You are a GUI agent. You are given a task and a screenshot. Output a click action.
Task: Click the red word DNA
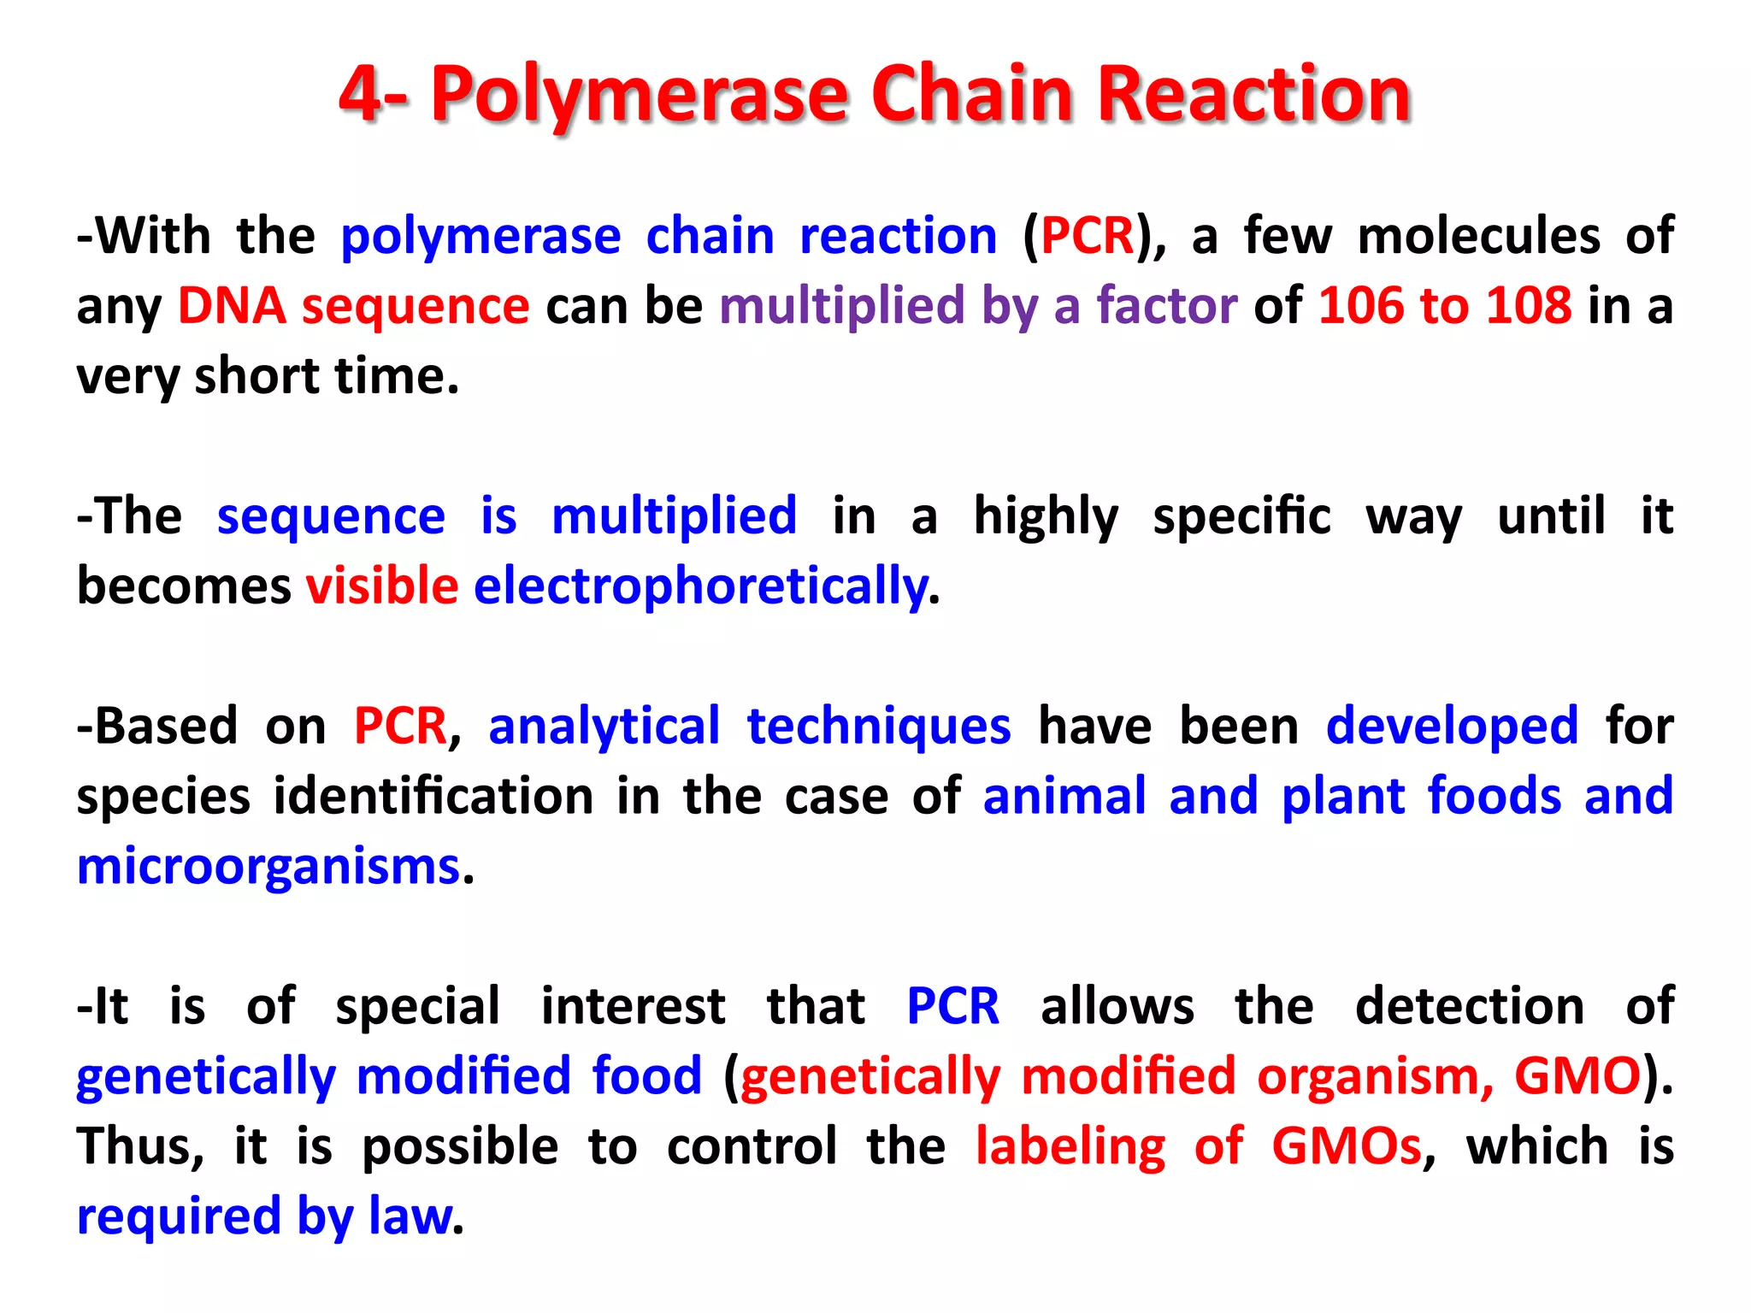point(231,306)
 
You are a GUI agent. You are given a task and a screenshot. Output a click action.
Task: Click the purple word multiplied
point(841,306)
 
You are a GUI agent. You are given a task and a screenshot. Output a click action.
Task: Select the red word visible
point(382,586)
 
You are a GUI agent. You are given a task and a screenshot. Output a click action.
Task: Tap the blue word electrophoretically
point(700,586)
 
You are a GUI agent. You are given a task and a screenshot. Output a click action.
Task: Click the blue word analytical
point(604,727)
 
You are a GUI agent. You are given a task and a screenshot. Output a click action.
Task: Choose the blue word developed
point(1452,727)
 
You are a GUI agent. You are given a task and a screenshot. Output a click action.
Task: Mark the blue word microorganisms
point(268,867)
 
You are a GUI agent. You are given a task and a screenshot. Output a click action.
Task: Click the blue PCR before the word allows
point(952,1006)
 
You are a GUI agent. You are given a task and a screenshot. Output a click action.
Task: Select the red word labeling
point(1070,1146)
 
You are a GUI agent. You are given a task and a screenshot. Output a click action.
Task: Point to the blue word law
point(410,1216)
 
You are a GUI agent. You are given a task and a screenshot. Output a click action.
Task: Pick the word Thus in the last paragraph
point(139,1146)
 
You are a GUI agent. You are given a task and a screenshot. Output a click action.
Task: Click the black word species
point(163,797)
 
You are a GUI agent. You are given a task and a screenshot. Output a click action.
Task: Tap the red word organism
point(1375,1076)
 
